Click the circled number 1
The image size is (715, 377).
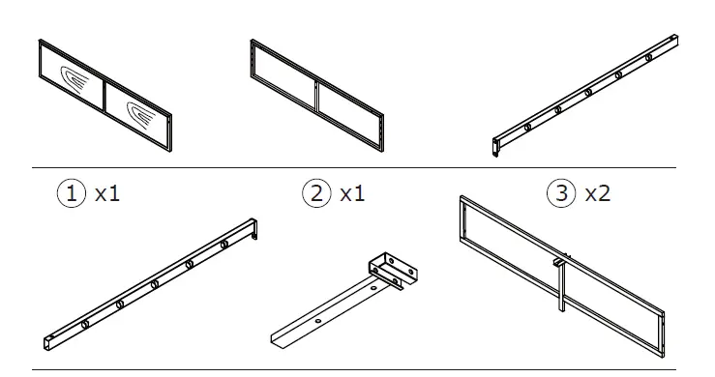click(x=70, y=193)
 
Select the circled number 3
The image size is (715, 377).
click(x=561, y=193)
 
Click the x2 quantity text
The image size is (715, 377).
click(x=598, y=193)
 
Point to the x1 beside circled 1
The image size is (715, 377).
click(x=106, y=193)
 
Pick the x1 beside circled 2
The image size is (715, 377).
click(x=352, y=193)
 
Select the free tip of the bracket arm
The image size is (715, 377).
click(x=275, y=339)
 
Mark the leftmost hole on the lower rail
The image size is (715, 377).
click(x=86, y=323)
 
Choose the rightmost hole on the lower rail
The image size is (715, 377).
click(x=223, y=245)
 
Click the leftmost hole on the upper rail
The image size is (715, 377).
click(x=526, y=127)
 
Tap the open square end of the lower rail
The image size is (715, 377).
click(x=45, y=341)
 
